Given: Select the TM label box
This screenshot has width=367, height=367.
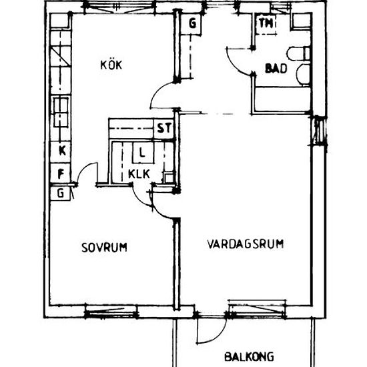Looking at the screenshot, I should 266,24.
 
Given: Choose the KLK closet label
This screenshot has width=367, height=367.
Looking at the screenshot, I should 140,175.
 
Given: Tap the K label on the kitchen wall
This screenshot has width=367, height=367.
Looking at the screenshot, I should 61,151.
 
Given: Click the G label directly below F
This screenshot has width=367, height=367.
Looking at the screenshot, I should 61,194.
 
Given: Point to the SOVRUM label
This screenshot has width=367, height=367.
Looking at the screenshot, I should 104,248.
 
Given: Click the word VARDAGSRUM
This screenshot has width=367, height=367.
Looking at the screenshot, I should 245,244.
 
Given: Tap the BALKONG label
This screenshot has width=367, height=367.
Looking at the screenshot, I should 249,357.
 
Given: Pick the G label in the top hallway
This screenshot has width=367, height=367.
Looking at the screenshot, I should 192,24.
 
